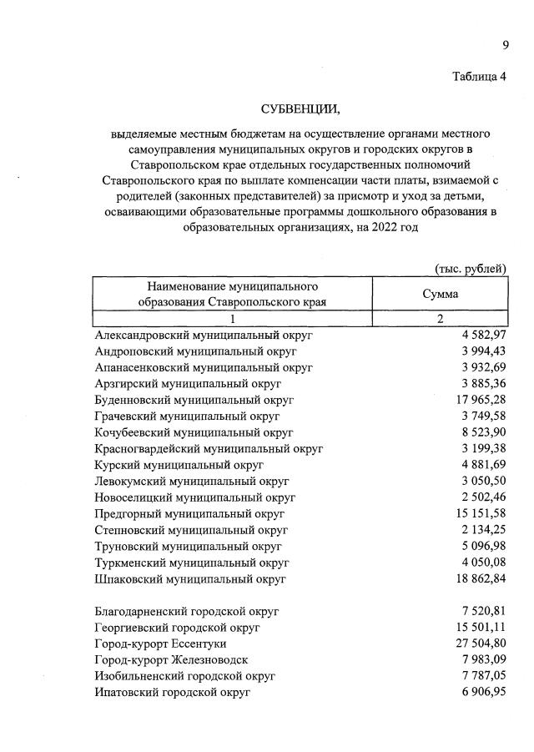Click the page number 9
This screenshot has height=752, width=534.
click(505, 45)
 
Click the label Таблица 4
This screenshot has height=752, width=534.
click(479, 78)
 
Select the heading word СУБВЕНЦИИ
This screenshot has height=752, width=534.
click(301, 109)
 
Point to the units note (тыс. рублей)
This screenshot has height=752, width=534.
click(471, 268)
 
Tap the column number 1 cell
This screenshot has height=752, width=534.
click(233, 319)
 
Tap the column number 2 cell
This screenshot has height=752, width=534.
click(440, 319)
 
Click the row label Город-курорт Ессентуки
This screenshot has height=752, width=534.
click(160, 643)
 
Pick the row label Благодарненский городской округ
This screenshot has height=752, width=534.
click(187, 611)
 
